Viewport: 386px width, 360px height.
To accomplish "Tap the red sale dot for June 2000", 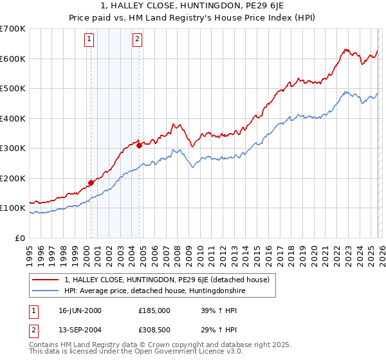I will click(91, 183).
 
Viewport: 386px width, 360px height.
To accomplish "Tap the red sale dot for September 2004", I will click(140, 146).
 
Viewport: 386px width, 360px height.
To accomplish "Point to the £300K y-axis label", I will click(14, 148).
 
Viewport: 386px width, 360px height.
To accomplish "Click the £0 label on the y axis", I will click(20, 239).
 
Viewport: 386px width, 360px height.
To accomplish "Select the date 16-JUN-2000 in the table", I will click(80, 310).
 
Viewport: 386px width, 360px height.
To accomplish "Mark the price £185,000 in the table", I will click(154, 310).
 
